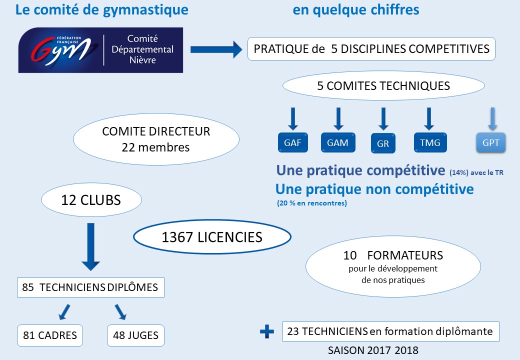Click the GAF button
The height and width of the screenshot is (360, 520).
point(293,142)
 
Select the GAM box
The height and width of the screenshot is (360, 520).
point(338,142)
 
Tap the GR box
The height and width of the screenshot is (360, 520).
point(383,143)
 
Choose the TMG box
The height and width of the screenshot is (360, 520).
point(430,142)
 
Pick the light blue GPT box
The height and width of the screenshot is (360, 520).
point(491,142)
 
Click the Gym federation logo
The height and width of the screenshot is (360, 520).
point(100,50)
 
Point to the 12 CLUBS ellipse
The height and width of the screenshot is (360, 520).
point(91,200)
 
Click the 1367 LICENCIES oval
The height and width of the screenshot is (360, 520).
point(212,237)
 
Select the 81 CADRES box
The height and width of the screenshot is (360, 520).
point(50,335)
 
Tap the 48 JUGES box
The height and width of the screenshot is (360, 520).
point(135,335)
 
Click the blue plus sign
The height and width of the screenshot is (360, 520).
point(267,331)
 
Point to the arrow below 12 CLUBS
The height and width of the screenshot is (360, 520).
point(90,246)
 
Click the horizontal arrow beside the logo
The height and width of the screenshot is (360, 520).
point(216,49)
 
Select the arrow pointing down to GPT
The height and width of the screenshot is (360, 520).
point(493,118)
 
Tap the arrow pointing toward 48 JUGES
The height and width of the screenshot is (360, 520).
point(120,312)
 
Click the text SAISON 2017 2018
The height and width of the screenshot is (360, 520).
point(373,350)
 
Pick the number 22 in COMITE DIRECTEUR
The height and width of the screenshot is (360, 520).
point(128,147)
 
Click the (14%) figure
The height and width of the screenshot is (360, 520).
point(459,172)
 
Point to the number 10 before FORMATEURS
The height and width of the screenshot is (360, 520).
point(350,255)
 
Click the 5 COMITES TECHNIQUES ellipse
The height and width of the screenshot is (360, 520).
point(383,85)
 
